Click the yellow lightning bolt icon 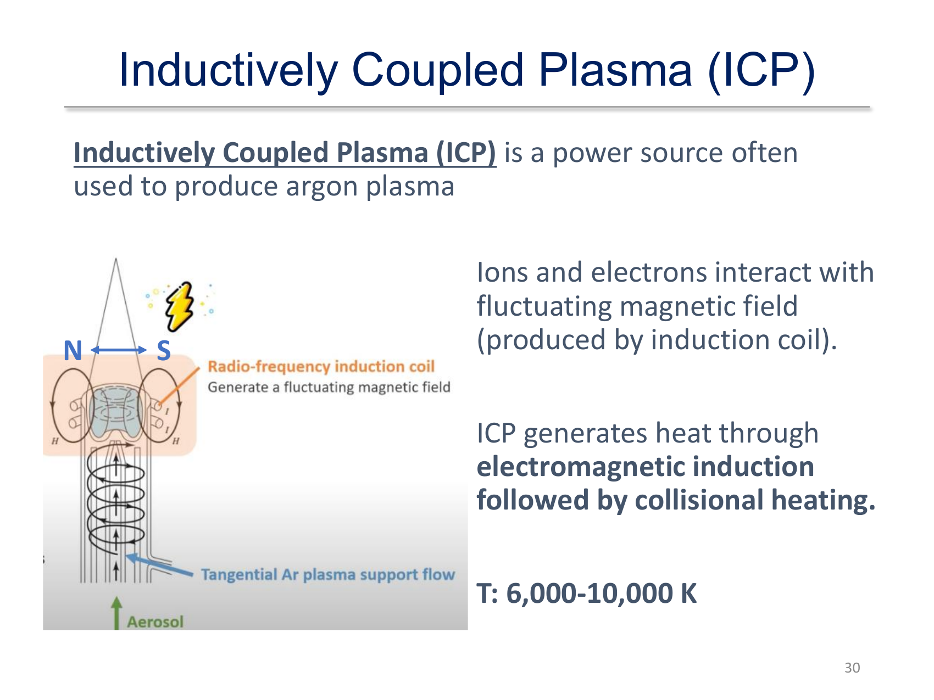179,306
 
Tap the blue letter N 73,351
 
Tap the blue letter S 164,351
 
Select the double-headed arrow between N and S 119,350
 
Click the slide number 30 852,668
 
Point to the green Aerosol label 155,621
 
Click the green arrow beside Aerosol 116,613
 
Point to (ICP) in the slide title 761,71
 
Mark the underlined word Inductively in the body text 144,153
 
